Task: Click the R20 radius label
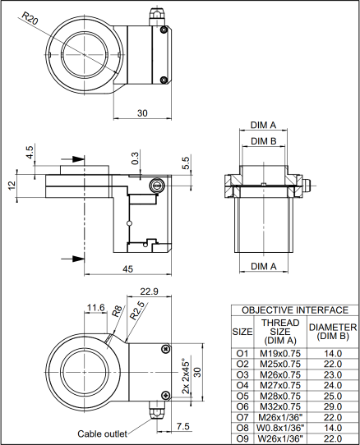click(x=30, y=19)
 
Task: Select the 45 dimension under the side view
click(x=127, y=268)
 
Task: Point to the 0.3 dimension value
click(x=136, y=158)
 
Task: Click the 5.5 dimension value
click(x=185, y=163)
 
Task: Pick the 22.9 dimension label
click(x=149, y=291)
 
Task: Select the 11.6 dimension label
click(x=96, y=307)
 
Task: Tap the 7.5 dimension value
click(x=182, y=426)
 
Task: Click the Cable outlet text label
click(x=102, y=434)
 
